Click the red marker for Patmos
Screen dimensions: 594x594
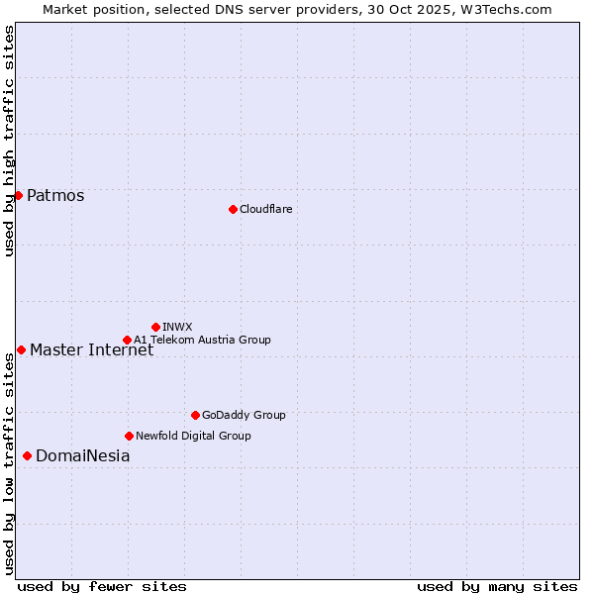click(x=18, y=195)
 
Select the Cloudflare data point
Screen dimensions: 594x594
click(x=233, y=209)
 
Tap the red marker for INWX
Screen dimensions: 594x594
click(x=155, y=327)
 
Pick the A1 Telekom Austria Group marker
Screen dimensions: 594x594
click(x=127, y=340)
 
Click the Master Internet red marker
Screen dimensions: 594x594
click(x=21, y=349)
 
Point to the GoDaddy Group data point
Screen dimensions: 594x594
click(x=195, y=415)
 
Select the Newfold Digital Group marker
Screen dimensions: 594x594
click(x=129, y=436)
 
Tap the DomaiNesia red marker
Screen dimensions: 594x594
click(x=27, y=455)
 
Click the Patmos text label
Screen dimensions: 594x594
click(x=55, y=195)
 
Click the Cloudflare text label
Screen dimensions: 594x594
click(x=265, y=209)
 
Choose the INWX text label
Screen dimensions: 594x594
click(x=177, y=327)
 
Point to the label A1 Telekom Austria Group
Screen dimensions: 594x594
click(x=202, y=340)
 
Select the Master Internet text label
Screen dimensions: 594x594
click(x=91, y=349)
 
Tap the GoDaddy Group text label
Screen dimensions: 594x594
click(x=244, y=415)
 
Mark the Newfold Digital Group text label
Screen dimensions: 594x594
click(x=193, y=436)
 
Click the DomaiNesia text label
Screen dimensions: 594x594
click(x=82, y=455)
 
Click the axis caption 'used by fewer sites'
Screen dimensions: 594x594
click(x=102, y=586)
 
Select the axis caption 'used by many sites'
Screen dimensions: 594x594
click(x=497, y=586)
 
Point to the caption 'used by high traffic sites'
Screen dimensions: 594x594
click(x=9, y=141)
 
